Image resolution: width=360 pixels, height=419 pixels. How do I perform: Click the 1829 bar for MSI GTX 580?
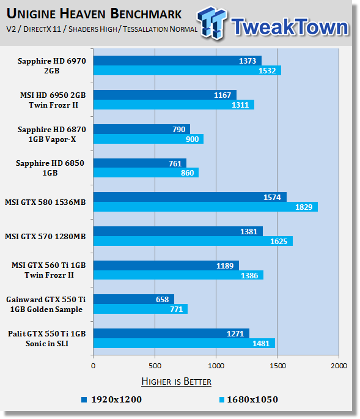(x=205, y=207)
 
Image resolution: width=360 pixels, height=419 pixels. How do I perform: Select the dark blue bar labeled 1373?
(x=177, y=61)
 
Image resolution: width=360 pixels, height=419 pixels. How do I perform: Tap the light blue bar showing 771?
(x=141, y=309)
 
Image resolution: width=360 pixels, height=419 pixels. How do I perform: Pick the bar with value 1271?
(x=171, y=333)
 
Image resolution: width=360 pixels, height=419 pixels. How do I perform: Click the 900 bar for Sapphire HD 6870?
(x=149, y=139)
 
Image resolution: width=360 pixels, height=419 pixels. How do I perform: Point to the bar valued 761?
(x=140, y=163)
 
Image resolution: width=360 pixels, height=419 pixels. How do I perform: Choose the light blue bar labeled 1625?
(x=193, y=241)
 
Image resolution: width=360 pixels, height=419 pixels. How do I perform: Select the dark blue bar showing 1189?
(x=166, y=265)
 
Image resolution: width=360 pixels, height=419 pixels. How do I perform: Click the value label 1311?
(x=240, y=105)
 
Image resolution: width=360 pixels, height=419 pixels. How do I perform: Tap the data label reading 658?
(x=162, y=299)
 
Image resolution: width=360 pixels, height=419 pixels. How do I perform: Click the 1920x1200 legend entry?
(x=112, y=399)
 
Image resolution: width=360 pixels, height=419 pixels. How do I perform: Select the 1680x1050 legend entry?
(x=249, y=399)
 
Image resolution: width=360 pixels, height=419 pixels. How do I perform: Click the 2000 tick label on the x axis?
(x=339, y=366)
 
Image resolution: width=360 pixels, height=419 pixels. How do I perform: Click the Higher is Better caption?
(x=176, y=381)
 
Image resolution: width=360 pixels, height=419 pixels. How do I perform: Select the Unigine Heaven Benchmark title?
(x=94, y=13)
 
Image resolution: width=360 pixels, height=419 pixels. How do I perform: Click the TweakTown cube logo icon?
(x=212, y=23)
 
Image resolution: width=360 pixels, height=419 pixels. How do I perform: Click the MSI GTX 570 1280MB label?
(x=45, y=236)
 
